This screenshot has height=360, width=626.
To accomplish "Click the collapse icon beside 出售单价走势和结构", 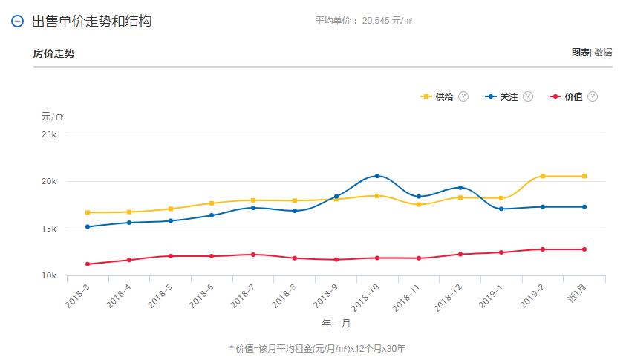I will pos(18,22).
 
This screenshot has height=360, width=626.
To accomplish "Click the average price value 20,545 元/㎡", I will pos(387,21).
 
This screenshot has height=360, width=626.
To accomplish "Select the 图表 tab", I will pos(580,53).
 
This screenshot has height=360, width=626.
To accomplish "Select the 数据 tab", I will pos(603,53).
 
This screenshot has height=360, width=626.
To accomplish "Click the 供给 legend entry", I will pos(438,96).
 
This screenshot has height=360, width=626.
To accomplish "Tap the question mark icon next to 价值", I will pos(592,96).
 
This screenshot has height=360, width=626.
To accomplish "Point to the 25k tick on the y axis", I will pos(49,134).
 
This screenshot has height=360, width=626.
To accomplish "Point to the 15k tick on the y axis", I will pos(49,229).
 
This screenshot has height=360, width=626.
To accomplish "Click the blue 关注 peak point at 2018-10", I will pos(377,176).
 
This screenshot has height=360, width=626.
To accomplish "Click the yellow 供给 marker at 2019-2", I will pos(543,176).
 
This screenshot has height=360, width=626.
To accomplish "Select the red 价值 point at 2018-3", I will pos(88,264).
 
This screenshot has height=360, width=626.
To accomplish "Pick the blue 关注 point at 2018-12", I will pos(460,188).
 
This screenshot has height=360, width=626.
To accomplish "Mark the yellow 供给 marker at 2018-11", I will pos(419,204).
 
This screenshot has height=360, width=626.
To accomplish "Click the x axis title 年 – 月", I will pos(336,324).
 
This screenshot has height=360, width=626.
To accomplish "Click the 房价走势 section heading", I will pos(53,53).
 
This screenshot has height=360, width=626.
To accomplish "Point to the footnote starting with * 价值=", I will pos(318,347).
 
